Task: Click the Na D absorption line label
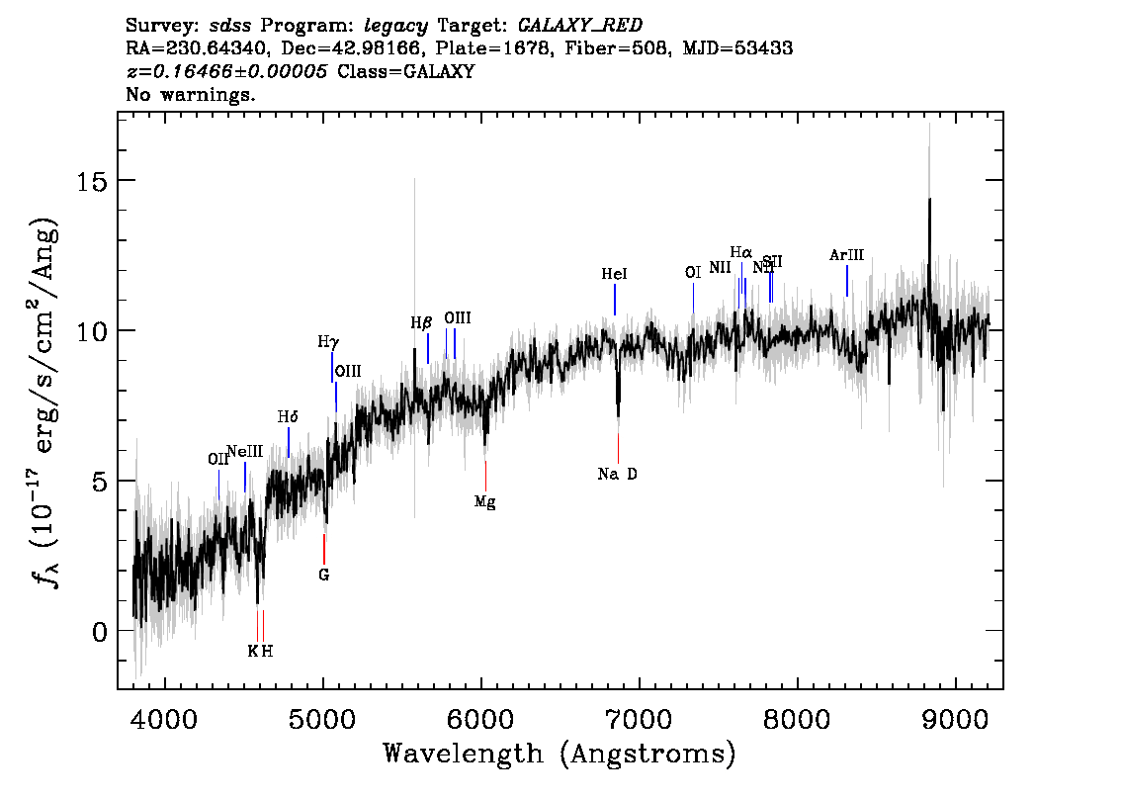point(618,475)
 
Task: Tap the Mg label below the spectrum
point(484,502)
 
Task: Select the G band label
point(323,575)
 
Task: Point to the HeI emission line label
point(614,274)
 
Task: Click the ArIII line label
point(846,255)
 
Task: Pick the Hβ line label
point(422,322)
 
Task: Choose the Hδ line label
point(288,416)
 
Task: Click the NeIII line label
point(244,452)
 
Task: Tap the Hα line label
point(741,252)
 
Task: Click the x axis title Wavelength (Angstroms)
point(560,755)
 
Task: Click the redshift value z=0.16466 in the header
point(227,72)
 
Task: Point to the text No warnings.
point(191,96)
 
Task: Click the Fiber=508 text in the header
point(627,47)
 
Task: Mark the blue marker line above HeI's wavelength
point(615,300)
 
